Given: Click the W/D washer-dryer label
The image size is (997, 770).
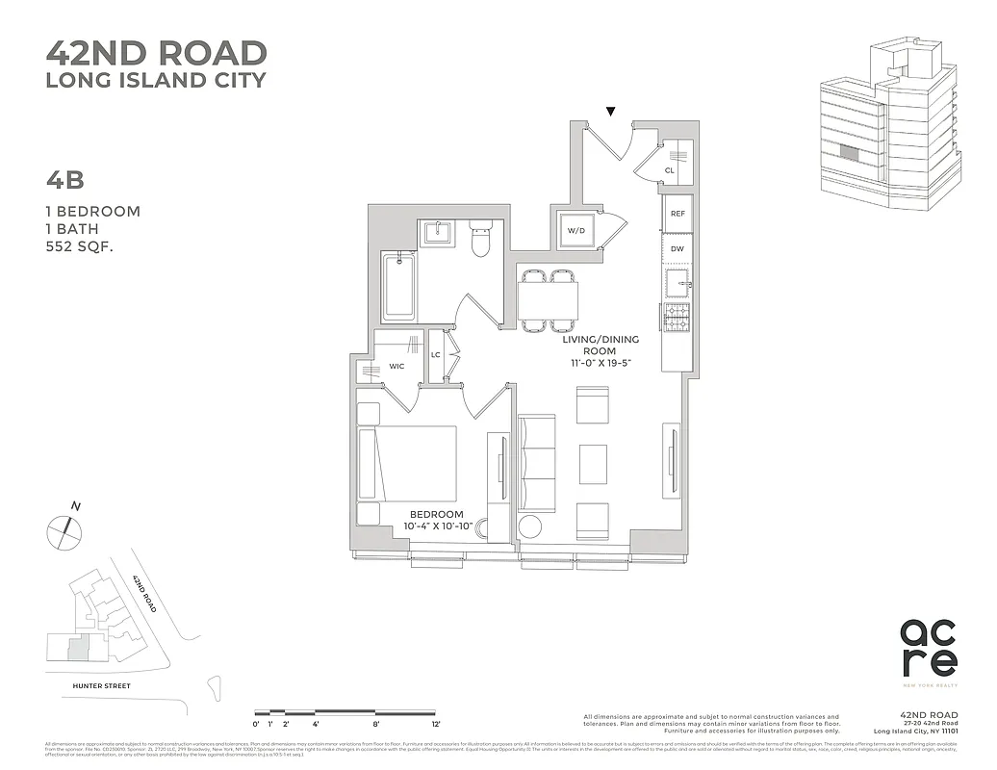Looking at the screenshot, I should tap(575, 231).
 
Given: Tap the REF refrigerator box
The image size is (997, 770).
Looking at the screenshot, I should tap(677, 215).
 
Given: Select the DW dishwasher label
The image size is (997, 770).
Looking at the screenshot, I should tap(677, 248).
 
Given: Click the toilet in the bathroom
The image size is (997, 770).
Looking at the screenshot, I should tap(480, 238).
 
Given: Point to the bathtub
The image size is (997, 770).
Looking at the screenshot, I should tap(398, 287).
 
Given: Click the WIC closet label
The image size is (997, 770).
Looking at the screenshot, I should tap(396, 367).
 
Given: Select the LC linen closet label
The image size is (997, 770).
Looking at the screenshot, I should tap(436, 354).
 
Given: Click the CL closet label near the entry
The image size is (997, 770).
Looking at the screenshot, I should tap(669, 171).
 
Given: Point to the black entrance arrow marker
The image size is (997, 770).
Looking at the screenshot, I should tap(610, 112).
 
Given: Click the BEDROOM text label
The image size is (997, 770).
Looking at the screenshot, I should tap(436, 515).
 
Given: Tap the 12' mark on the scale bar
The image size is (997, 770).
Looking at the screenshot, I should tap(435, 723).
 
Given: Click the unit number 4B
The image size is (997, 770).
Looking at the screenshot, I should tap(65, 180).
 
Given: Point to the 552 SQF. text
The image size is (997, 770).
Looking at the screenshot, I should tap(87, 246).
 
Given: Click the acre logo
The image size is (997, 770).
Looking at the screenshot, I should tap(929, 648).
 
